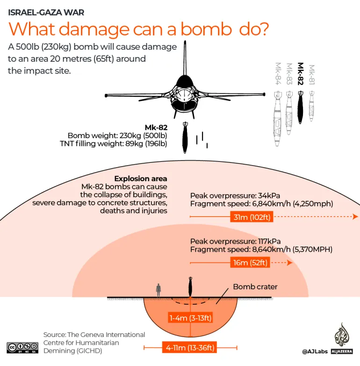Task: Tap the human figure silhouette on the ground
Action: [x=158, y=290]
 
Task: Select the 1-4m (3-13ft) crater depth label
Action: [x=190, y=318]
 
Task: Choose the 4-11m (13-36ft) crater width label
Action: [x=190, y=347]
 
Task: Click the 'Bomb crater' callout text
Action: [x=255, y=286]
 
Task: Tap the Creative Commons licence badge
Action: [x=22, y=347]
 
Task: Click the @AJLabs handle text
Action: [x=315, y=351]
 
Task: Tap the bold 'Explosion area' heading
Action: [x=141, y=179]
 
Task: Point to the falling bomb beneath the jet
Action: [x=186, y=139]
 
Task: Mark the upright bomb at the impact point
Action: [x=190, y=285]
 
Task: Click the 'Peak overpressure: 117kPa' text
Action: [x=235, y=241]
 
